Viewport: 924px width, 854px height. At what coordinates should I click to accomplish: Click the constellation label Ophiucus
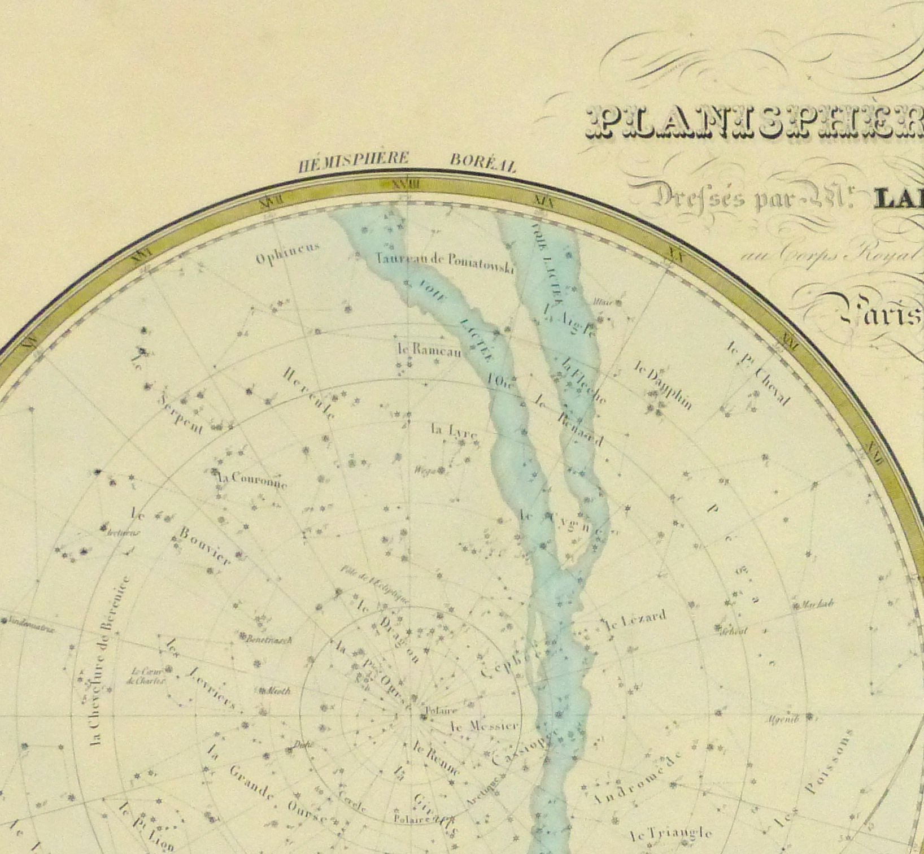[x=287, y=253]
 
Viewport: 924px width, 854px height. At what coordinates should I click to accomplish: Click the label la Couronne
[x=252, y=480]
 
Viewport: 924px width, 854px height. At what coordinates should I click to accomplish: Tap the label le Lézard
[x=635, y=620]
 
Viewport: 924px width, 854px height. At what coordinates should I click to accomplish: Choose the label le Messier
[x=483, y=726]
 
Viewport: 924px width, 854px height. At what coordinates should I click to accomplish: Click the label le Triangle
[x=670, y=833]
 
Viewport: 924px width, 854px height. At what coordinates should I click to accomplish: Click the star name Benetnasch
[x=268, y=640]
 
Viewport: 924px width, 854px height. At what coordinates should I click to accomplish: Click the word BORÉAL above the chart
[x=483, y=163]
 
